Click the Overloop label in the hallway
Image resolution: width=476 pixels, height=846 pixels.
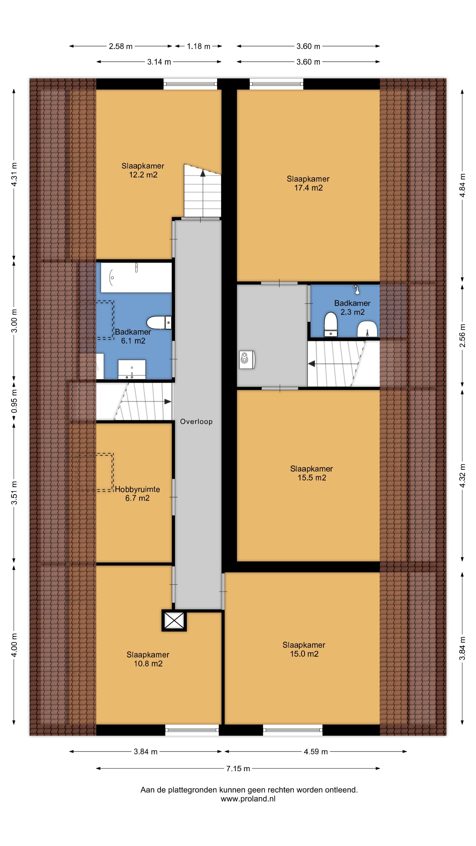click(x=196, y=421)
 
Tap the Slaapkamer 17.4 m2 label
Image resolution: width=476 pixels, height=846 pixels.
click(x=308, y=183)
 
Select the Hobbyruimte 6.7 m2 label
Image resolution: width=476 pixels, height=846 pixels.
click(x=137, y=493)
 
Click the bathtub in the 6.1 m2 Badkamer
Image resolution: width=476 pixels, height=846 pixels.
click(x=136, y=278)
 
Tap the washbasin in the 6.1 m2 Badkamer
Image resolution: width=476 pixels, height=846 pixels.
click(x=132, y=369)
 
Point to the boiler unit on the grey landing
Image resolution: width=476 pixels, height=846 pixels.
click(x=247, y=359)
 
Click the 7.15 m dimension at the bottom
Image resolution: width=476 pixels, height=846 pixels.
click(x=238, y=768)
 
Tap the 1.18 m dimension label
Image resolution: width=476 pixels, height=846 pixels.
click(x=198, y=46)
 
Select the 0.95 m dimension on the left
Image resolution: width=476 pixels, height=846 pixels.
click(x=14, y=402)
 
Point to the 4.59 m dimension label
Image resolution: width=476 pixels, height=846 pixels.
click(x=315, y=751)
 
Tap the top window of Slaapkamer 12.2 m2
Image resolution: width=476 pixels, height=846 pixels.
click(x=190, y=84)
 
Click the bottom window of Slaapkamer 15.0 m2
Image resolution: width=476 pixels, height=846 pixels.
click(x=293, y=730)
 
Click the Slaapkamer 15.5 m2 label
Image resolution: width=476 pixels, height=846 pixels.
click(x=311, y=473)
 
